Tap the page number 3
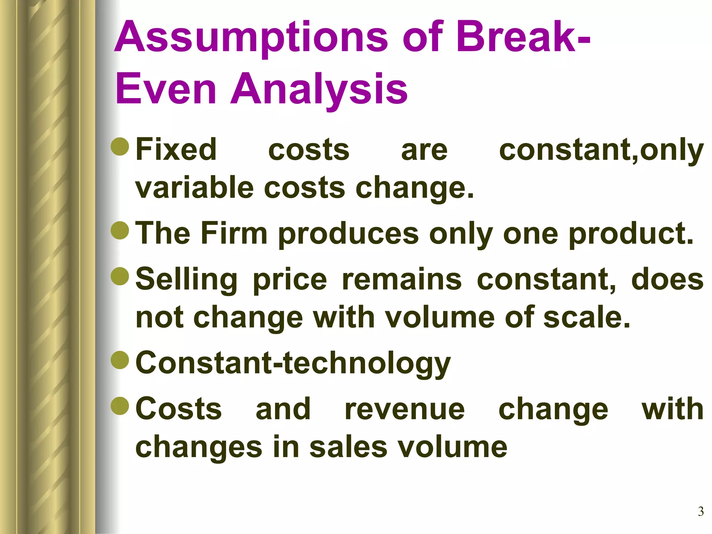point(701,511)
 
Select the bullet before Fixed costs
point(120,146)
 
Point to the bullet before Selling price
point(120,276)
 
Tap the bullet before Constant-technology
point(120,359)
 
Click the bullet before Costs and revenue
point(120,405)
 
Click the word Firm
point(234,233)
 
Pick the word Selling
point(186,280)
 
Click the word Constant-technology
point(293,364)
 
